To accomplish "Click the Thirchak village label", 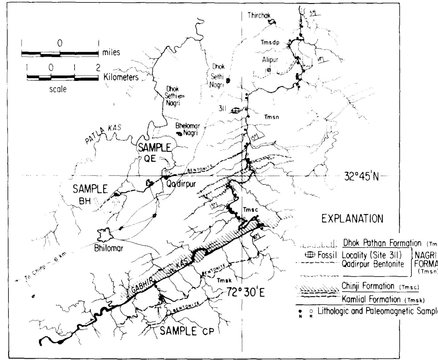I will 259,15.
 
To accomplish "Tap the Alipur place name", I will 270,60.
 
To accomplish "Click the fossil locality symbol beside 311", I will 236,111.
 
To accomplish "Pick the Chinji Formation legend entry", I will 368,286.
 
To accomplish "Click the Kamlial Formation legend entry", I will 371,299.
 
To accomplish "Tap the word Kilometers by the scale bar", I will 121,77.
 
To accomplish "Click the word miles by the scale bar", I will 111,53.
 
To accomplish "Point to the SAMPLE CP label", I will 187,331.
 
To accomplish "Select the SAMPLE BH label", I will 90,195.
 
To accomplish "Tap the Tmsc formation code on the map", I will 251,210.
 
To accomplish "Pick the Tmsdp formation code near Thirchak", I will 270,43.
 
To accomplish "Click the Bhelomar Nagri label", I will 187,129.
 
